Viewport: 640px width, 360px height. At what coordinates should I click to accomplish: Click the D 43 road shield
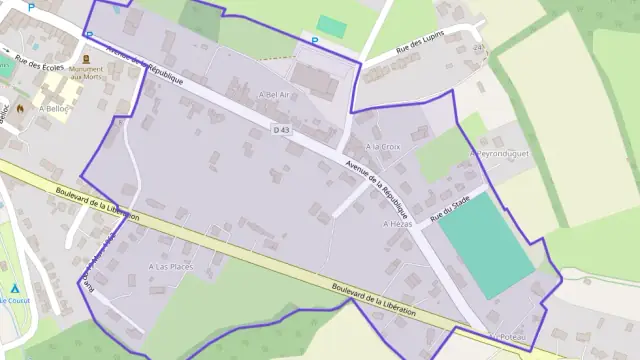tap(281, 129)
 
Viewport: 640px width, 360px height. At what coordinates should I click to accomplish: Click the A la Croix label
tap(383, 146)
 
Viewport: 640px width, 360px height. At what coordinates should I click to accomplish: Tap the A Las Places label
tap(170, 267)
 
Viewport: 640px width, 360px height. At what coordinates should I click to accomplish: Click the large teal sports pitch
tap(486, 245)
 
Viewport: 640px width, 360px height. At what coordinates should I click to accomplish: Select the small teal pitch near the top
tap(331, 26)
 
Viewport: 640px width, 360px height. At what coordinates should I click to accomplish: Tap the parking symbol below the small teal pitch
tap(315, 41)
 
